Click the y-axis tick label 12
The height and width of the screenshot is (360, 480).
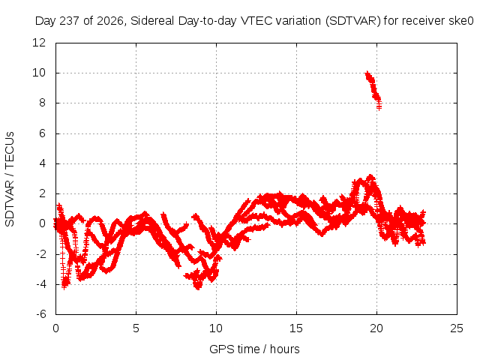click(x=39, y=43)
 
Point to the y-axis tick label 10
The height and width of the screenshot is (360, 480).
click(x=39, y=73)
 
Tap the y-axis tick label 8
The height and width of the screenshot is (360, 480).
click(x=42, y=103)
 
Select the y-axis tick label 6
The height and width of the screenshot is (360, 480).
click(x=42, y=133)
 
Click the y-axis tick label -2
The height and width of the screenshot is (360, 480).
click(x=40, y=253)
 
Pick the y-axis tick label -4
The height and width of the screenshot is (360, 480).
click(x=40, y=284)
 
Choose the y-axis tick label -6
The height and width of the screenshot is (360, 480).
click(x=40, y=314)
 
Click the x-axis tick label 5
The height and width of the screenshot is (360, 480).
click(x=136, y=328)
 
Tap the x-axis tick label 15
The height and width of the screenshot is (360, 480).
click(x=296, y=328)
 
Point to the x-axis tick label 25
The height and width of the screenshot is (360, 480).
click(x=457, y=328)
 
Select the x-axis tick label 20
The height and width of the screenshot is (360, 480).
click(x=376, y=328)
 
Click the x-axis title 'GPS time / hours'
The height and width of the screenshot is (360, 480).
click(x=254, y=349)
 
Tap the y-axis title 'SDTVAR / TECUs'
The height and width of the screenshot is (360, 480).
click(x=10, y=179)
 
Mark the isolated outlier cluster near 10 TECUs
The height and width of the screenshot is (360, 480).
click(x=373, y=89)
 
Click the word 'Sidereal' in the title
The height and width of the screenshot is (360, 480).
click(x=152, y=21)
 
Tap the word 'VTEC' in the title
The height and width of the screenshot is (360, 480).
click(x=256, y=21)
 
